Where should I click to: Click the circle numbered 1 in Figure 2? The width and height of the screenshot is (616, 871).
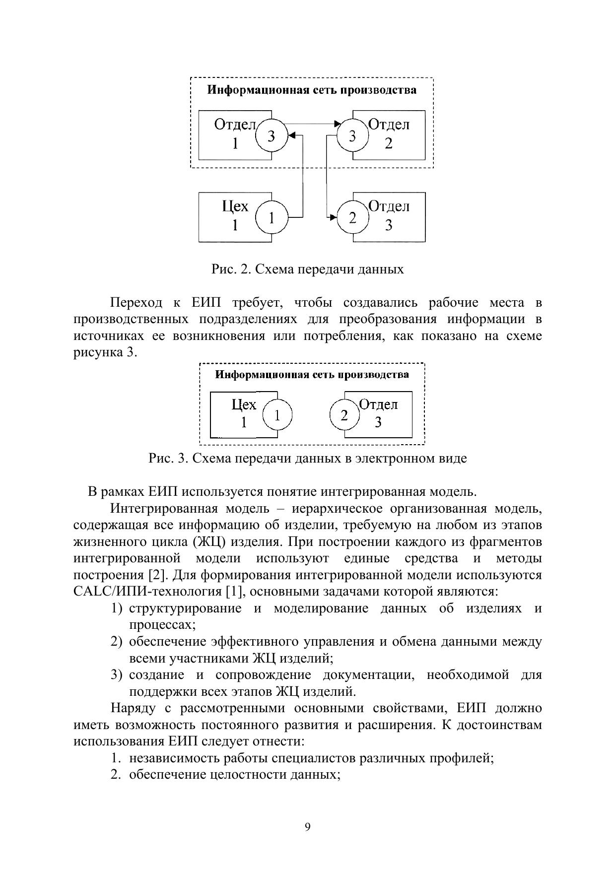coord(272,217)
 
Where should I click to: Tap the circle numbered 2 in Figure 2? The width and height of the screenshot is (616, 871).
coord(352,217)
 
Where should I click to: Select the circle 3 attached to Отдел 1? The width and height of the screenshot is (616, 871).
coord(272,135)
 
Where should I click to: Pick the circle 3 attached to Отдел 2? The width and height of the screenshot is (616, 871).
coord(352,135)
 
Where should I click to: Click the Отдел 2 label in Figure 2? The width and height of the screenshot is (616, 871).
coord(389,134)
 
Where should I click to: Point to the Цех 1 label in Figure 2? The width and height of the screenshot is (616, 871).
coord(235,215)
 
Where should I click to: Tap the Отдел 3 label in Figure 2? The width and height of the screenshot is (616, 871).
coord(389,215)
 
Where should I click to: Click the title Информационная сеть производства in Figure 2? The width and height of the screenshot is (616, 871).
coord(312,90)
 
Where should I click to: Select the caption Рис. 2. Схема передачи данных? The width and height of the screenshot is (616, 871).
coord(308,269)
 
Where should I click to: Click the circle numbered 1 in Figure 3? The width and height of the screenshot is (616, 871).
coord(277,415)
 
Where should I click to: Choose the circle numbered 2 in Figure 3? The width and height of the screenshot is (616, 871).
coord(344,415)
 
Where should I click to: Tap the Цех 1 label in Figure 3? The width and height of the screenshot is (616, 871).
coord(244,413)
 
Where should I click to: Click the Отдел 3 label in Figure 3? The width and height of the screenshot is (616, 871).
coord(378,413)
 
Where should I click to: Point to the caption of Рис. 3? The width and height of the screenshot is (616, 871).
coord(308,458)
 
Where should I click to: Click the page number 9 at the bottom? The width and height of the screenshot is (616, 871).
coord(308,827)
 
